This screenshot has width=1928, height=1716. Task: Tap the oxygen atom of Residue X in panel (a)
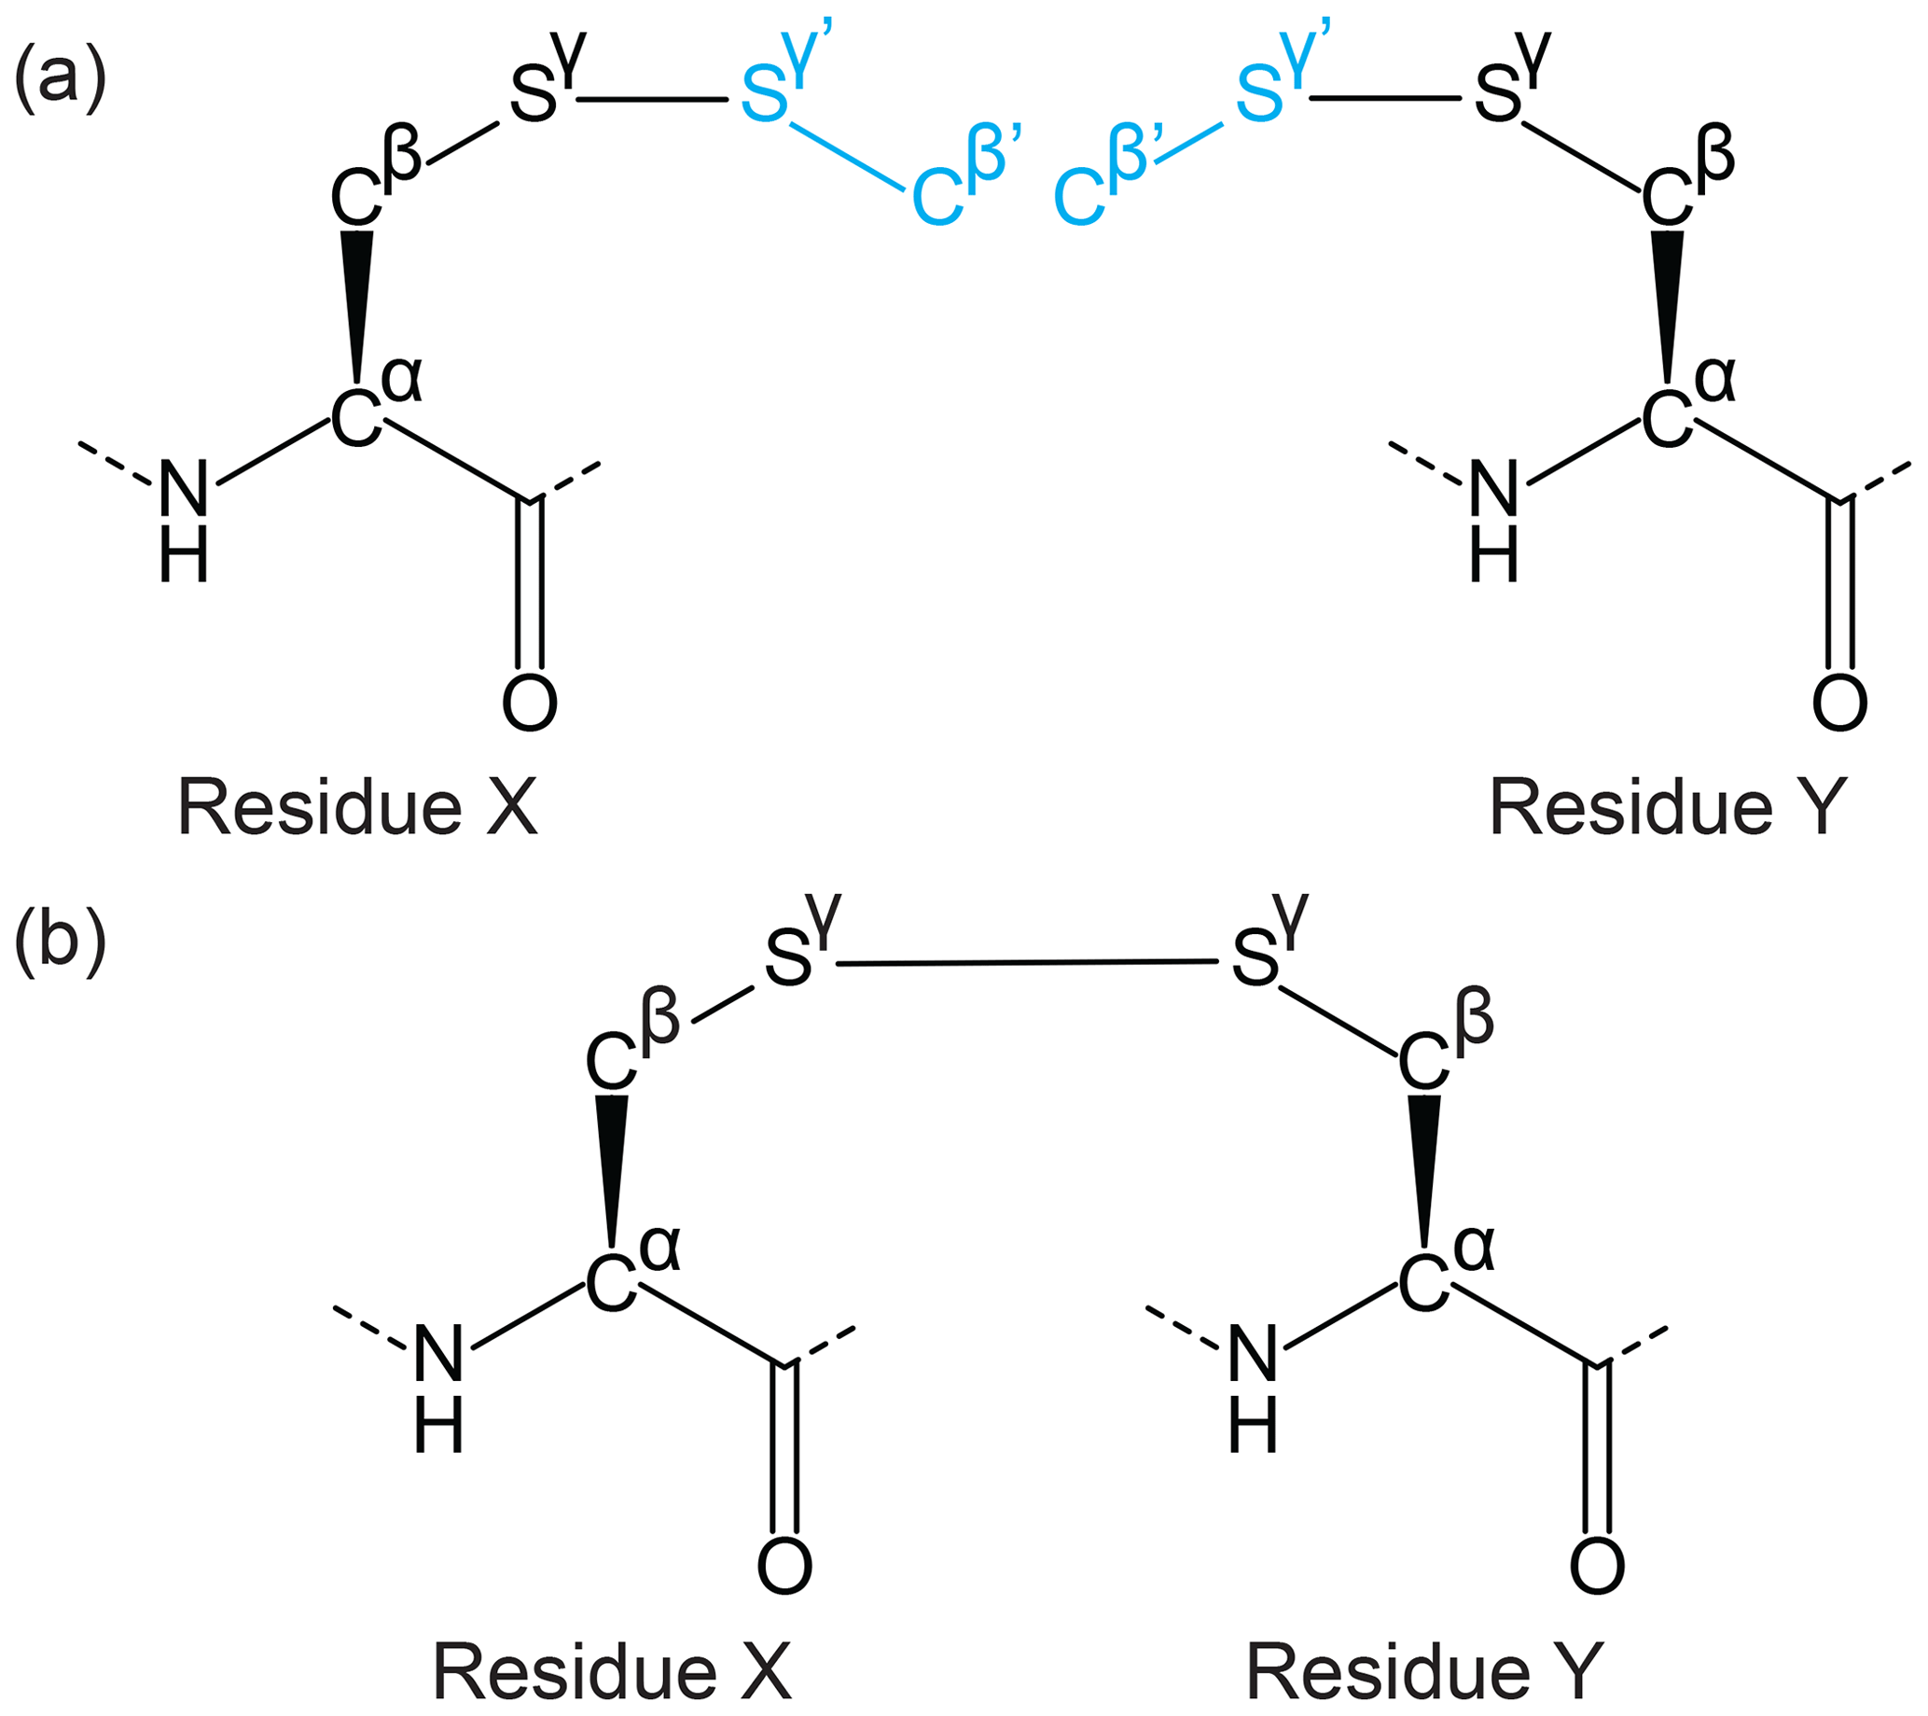(x=529, y=702)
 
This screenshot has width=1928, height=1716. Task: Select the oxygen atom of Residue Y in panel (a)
(x=1839, y=702)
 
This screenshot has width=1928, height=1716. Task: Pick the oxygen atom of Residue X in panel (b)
(x=784, y=1566)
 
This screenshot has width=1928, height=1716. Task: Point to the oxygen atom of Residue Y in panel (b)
(x=1597, y=1566)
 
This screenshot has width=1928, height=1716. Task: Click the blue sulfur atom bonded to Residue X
(x=764, y=95)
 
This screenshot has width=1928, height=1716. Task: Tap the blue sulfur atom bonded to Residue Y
(x=1259, y=95)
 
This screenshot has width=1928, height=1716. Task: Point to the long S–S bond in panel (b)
(x=1025, y=963)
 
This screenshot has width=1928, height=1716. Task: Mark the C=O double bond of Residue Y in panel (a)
(x=1839, y=585)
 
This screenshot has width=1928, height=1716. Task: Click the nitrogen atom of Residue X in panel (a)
(x=183, y=489)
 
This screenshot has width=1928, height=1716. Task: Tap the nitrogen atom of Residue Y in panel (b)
(x=1254, y=1353)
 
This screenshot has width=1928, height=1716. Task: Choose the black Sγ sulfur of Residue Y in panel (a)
(x=1498, y=95)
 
